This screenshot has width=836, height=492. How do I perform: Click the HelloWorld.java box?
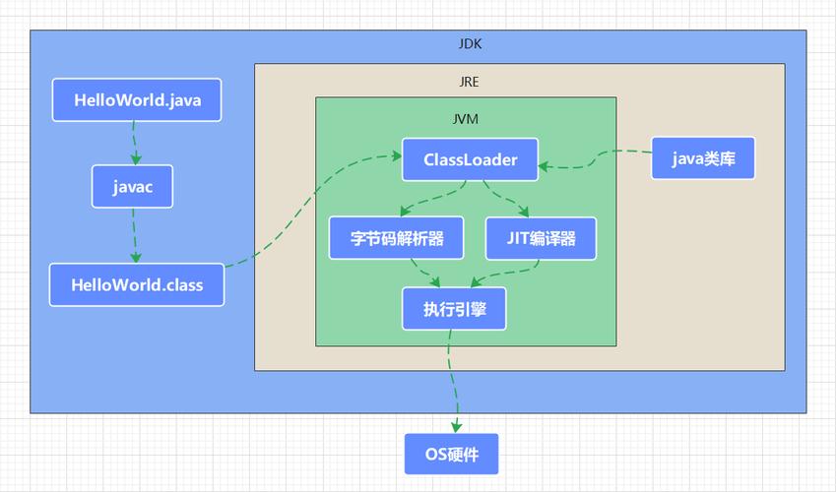tap(136, 100)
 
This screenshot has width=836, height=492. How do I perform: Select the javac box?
tap(132, 186)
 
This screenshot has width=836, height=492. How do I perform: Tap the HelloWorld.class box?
tap(137, 285)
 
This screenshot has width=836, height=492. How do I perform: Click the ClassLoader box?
tap(470, 159)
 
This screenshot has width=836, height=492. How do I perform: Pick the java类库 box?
tap(703, 158)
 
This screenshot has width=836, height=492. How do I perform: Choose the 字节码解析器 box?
tap(397, 238)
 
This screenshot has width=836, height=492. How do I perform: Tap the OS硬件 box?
tap(451, 455)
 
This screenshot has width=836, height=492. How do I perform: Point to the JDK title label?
tap(471, 44)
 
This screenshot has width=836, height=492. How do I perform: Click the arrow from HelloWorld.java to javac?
tap(133, 143)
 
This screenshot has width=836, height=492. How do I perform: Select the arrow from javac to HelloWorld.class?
tap(131, 235)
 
